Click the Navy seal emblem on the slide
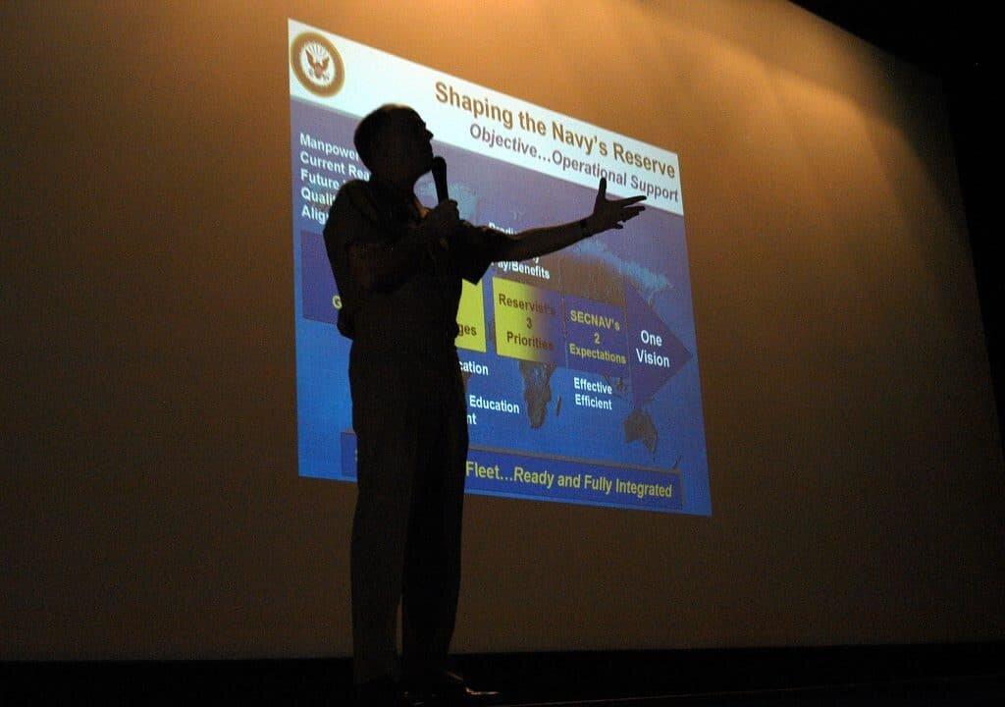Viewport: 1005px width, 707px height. tap(317, 64)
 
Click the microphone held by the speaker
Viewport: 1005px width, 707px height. tap(440, 177)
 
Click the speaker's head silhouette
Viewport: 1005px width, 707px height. tap(393, 137)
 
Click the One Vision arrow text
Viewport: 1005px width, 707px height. tap(652, 349)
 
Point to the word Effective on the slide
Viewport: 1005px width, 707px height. tap(594, 386)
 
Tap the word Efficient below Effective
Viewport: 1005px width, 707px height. tap(593, 403)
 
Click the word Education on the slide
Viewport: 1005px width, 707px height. tap(494, 404)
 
